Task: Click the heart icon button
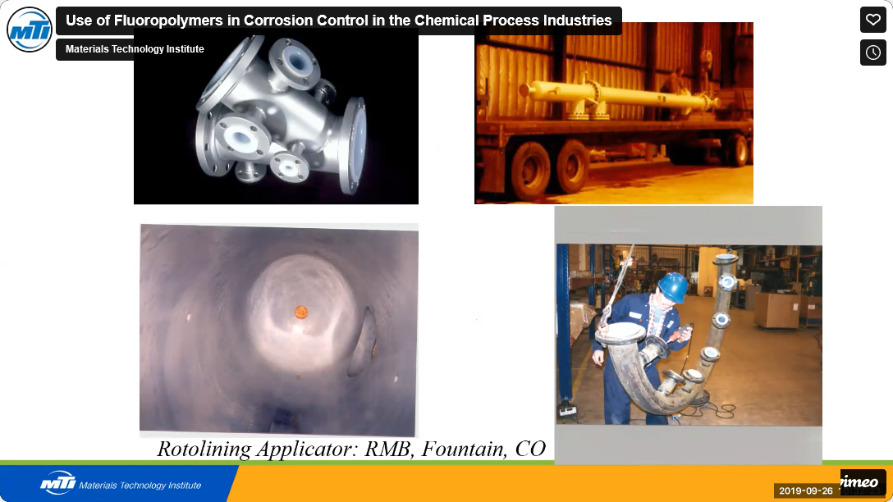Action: (872, 20)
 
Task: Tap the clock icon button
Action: (872, 52)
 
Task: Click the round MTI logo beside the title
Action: (29, 30)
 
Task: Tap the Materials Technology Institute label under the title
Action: (135, 49)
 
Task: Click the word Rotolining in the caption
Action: (204, 449)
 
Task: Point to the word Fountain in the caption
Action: (463, 449)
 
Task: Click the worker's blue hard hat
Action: (673, 286)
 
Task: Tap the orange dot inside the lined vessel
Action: (300, 312)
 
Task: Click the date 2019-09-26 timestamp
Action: (805, 491)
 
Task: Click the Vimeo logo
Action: (863, 482)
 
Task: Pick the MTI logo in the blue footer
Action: (57, 482)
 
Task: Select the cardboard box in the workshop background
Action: (776, 310)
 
